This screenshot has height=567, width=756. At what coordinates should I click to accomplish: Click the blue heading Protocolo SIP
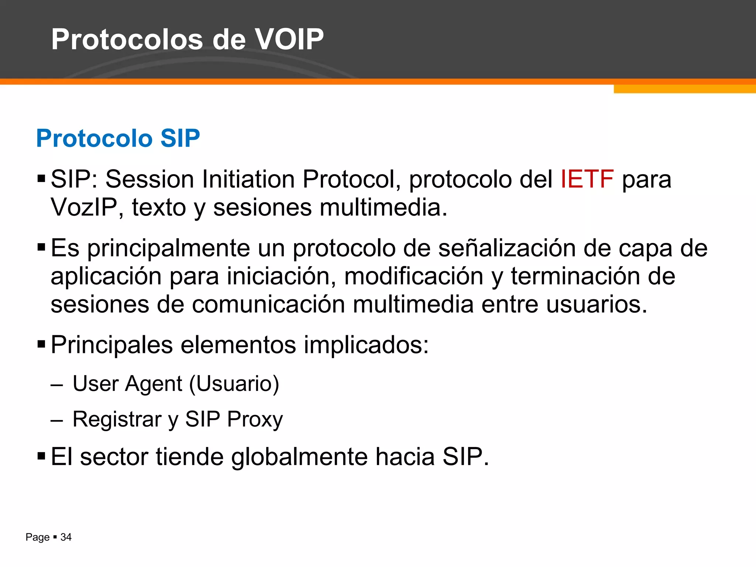[x=118, y=138]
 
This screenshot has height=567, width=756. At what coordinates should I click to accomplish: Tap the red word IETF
[x=587, y=179]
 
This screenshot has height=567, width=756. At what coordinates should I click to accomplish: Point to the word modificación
[x=413, y=276]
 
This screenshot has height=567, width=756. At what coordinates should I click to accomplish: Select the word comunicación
[x=268, y=305]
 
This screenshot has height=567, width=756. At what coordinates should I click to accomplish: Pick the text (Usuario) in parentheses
[x=234, y=384]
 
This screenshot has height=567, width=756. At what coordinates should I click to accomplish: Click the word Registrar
[x=117, y=420]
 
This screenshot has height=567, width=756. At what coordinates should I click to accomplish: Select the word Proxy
[x=255, y=420]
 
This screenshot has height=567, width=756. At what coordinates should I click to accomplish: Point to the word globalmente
[x=299, y=457]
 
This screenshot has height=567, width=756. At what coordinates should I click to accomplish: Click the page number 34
[x=66, y=537]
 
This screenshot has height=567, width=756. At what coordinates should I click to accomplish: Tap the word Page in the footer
[x=37, y=537]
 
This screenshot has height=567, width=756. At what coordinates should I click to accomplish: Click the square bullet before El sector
[x=41, y=457]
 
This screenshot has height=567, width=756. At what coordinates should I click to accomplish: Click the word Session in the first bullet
[x=150, y=179]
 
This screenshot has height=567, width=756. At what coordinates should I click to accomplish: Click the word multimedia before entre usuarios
[x=413, y=305]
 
